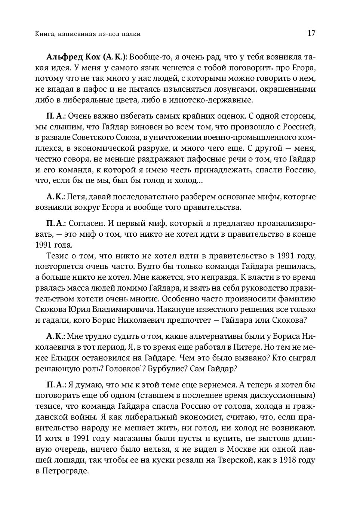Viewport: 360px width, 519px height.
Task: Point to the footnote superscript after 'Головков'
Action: point(140,367)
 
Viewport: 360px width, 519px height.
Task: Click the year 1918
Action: point(286,460)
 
